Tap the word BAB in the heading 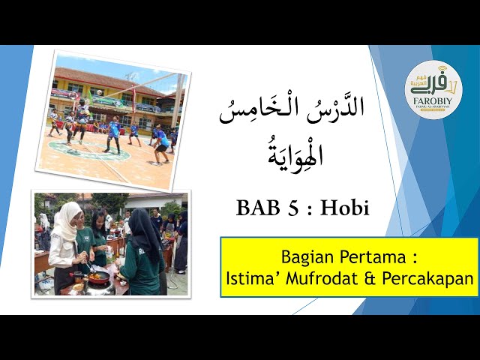(257, 208)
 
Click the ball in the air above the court (99, 92)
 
